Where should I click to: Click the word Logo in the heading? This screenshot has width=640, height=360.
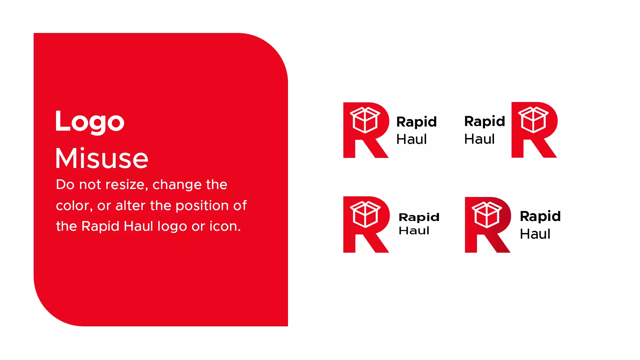tap(90, 122)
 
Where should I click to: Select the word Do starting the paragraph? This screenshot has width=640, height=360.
tap(65, 185)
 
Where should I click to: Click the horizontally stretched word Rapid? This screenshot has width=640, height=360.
tap(419, 218)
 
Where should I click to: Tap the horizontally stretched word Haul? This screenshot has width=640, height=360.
tap(414, 230)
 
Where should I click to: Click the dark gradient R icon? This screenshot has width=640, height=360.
tap(488, 225)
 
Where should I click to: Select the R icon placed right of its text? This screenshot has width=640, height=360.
tap(534, 130)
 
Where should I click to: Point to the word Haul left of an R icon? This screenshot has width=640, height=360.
tap(479, 139)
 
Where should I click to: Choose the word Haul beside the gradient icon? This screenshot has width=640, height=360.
tap(535, 234)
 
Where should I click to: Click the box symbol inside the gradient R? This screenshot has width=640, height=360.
tap(487, 215)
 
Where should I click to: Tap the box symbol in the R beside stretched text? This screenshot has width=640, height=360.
tap(365, 214)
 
